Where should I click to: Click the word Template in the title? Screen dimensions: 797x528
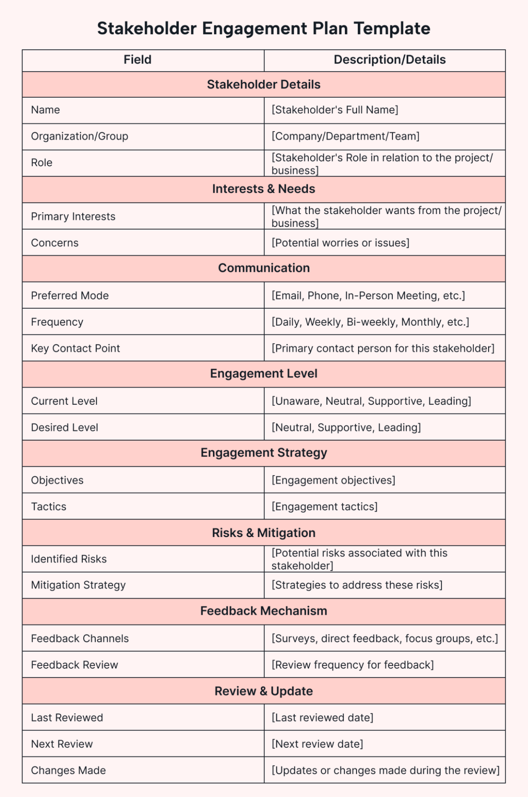(x=392, y=29)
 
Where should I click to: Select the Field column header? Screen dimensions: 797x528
(x=137, y=60)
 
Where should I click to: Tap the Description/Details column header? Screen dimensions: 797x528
(x=389, y=60)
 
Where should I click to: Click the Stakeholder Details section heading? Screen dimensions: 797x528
(x=264, y=85)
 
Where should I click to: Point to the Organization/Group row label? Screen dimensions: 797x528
(x=80, y=136)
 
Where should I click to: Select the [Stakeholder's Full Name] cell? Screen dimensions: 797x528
(x=335, y=110)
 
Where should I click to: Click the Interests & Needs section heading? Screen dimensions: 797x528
(x=264, y=189)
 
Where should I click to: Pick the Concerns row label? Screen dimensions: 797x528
(x=55, y=243)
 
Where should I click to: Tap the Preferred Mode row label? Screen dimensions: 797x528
(x=70, y=295)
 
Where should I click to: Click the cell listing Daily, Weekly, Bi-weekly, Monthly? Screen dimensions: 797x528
(x=370, y=322)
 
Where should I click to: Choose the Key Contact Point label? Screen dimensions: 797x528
(x=75, y=348)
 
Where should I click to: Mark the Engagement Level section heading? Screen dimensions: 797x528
(x=264, y=374)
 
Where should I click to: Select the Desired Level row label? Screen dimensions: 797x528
(x=65, y=427)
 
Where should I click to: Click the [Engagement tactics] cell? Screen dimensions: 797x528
(x=324, y=507)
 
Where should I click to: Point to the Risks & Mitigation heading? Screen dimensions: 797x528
(x=264, y=533)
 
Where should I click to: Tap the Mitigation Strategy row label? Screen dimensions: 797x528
(x=78, y=585)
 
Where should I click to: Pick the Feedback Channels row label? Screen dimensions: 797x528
(x=80, y=638)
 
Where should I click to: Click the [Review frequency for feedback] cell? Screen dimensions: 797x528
(x=353, y=665)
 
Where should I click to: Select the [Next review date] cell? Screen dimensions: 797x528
(x=317, y=744)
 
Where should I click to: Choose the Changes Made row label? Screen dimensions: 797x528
(x=68, y=770)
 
